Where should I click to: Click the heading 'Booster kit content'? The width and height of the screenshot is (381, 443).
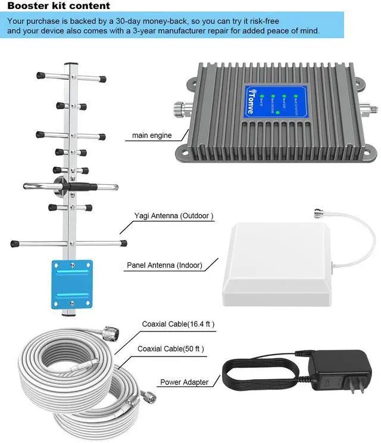click(58, 6)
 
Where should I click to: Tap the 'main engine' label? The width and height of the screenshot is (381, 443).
click(152, 135)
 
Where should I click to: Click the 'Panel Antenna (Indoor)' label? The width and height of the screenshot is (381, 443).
click(164, 265)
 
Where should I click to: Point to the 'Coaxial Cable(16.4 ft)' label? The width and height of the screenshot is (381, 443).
click(178, 324)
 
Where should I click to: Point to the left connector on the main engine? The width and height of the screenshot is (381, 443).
click(181, 110)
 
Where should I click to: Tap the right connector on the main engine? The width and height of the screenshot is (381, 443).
click(370, 110)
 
